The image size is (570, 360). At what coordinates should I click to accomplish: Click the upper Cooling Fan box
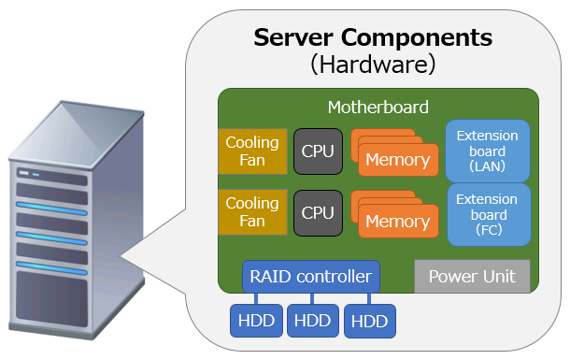[x=252, y=151]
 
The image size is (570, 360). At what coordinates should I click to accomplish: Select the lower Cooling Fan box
[x=252, y=212]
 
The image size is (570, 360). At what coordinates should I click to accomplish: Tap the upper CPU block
[x=318, y=151]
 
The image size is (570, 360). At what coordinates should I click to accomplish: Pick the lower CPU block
[x=318, y=213]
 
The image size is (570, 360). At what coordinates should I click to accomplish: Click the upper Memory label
[x=398, y=160]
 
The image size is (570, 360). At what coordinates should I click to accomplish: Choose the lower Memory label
[x=398, y=221]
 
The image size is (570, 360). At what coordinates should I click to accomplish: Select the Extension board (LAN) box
[x=488, y=151]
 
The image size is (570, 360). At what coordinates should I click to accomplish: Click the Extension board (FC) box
[x=489, y=214]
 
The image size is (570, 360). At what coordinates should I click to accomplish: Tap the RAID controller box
[x=311, y=277]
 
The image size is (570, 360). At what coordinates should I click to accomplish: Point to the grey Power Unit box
[x=472, y=277]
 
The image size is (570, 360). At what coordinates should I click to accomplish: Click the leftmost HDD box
[x=256, y=321]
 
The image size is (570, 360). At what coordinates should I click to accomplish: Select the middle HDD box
[x=313, y=321]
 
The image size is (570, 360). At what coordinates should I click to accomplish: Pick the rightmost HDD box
[x=370, y=321]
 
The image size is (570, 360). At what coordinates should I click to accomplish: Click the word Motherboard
[x=378, y=108]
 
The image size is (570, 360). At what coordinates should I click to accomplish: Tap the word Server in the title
[x=293, y=37]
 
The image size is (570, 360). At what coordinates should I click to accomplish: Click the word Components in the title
[x=417, y=38]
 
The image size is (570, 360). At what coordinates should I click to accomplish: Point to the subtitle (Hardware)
[x=373, y=65]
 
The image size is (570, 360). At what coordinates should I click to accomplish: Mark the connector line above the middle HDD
[x=312, y=298]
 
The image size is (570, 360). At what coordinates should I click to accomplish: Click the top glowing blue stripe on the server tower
[x=51, y=209]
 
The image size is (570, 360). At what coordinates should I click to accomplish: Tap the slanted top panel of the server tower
[x=77, y=134]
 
